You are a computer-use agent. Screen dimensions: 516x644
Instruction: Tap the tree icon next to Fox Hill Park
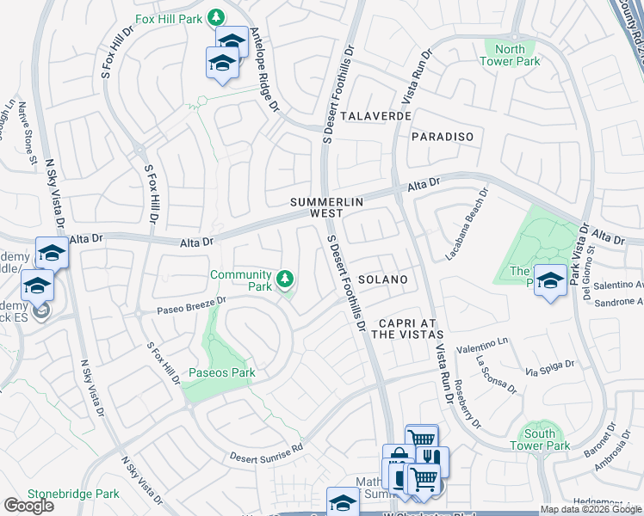218,17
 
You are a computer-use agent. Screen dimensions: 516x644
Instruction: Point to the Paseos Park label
221,373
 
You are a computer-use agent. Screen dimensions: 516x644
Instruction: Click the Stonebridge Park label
73,494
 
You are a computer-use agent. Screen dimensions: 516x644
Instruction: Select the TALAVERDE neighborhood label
371,115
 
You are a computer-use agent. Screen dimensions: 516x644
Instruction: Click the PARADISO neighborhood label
443,137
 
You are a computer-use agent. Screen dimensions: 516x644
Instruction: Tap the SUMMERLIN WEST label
326,206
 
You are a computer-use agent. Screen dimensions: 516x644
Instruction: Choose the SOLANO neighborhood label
382,279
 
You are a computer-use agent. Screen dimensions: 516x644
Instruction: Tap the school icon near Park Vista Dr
549,280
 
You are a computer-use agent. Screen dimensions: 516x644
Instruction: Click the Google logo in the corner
28,506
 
